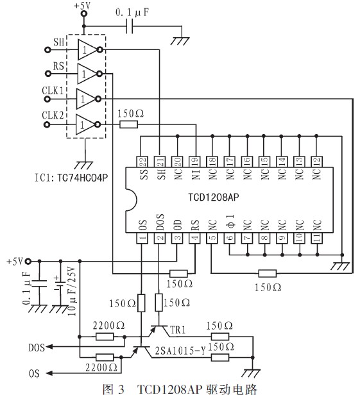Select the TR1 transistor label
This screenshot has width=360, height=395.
click(179, 329)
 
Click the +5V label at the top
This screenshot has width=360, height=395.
click(82, 6)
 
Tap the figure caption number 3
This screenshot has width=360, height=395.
click(133, 388)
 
